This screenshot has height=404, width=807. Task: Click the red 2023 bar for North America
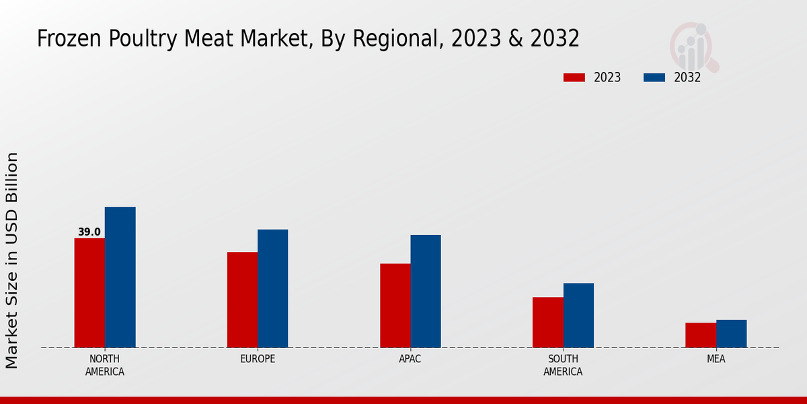[x=89, y=293]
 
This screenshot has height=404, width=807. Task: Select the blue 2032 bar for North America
[x=120, y=277]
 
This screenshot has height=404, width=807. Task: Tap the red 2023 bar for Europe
[x=242, y=300]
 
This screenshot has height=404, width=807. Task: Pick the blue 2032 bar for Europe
[x=272, y=288]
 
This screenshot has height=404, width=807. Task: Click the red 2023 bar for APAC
[x=395, y=306]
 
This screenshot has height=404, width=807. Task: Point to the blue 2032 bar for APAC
[x=426, y=291]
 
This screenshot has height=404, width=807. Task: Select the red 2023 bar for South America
[x=547, y=323]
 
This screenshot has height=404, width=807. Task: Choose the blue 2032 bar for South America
[x=578, y=315]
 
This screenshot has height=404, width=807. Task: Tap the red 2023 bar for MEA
[x=701, y=335]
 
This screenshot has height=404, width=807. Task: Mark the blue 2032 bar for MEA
[x=731, y=334]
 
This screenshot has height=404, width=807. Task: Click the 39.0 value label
[x=89, y=232]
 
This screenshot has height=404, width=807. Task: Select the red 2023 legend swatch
[x=574, y=77]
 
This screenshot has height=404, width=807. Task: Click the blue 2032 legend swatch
[x=654, y=77]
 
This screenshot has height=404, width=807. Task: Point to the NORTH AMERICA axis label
[x=105, y=365]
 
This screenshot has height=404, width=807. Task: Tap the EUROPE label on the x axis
[x=258, y=359]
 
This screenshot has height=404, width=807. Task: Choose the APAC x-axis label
[x=410, y=359]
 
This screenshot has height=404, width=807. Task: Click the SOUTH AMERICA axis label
[x=563, y=365]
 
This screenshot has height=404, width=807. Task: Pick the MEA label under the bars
[x=716, y=359]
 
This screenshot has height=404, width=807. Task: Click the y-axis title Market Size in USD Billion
[x=12, y=260]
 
